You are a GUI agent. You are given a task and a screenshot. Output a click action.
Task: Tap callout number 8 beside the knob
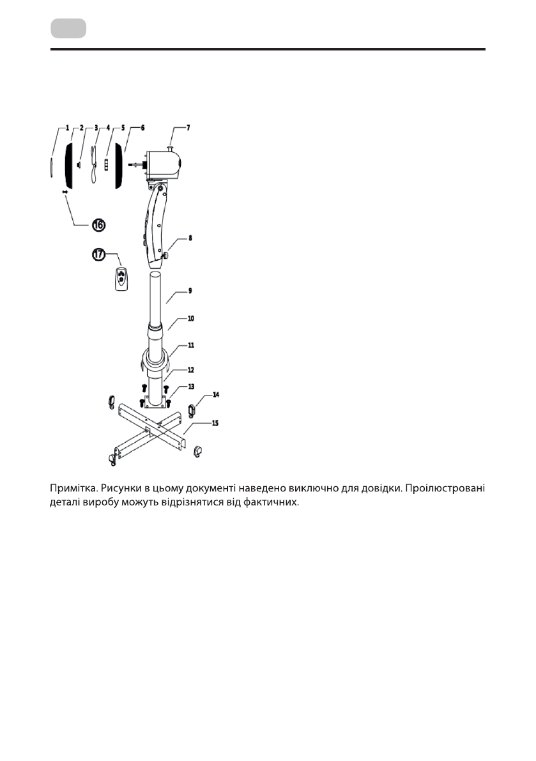coord(189,238)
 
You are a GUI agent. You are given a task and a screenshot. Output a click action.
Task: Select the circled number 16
coord(99,224)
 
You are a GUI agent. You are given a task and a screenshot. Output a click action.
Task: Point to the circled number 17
coord(98,255)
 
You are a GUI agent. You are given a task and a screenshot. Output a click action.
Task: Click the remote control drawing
coord(121,279)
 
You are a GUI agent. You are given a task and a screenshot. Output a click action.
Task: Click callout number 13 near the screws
coord(190,387)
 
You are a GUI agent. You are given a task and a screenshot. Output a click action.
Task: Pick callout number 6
coord(142,128)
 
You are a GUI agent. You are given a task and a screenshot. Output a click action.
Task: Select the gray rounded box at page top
coord(68,28)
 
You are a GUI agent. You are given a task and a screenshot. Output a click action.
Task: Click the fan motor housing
coord(164,165)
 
